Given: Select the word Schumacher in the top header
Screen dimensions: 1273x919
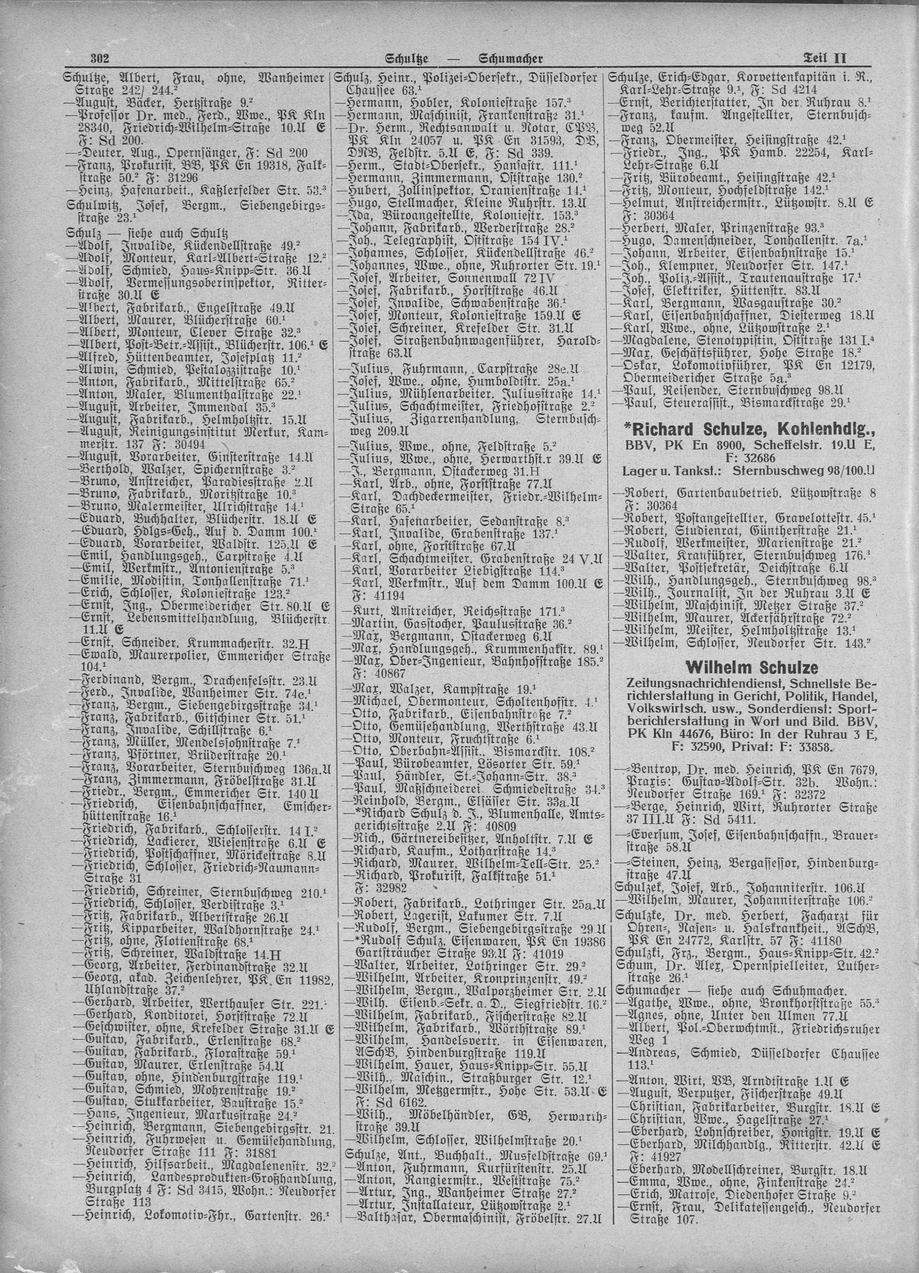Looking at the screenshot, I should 511,58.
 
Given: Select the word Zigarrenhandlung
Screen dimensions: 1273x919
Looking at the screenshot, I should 471,419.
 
